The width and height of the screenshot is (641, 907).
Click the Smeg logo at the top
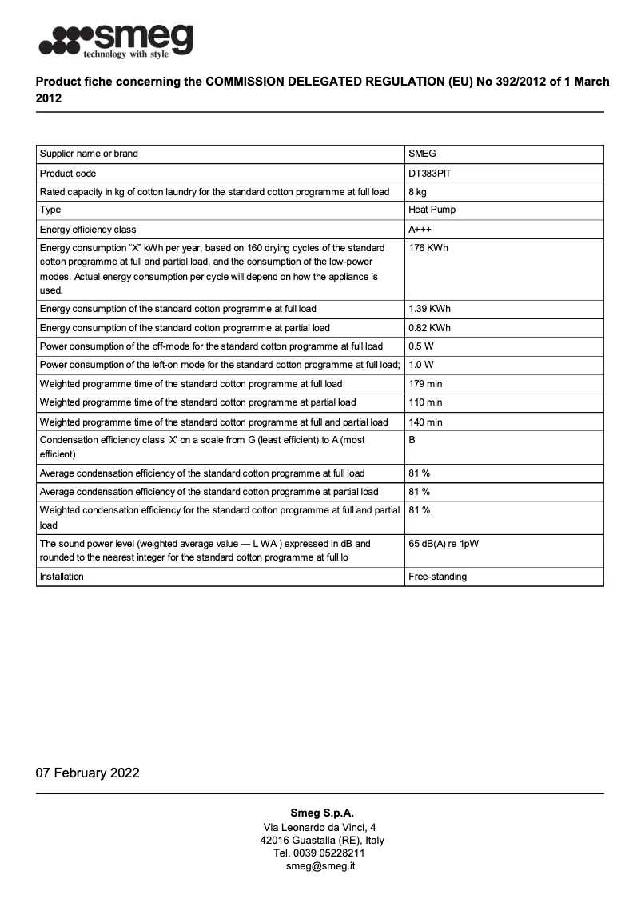tap(116, 41)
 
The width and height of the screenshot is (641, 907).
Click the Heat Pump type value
tap(432, 210)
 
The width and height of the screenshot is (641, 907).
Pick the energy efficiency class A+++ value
tap(420, 230)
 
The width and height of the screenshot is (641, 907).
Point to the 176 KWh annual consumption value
tap(428, 248)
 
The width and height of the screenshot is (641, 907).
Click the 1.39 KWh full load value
tap(429, 309)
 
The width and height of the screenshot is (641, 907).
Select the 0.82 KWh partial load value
tap(429, 328)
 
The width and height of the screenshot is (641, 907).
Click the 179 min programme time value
tap(425, 384)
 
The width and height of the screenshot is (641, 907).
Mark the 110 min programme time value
tap(425, 402)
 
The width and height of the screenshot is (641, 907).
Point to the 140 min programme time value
tap(425, 422)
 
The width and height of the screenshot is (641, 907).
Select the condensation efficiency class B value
tap(412, 440)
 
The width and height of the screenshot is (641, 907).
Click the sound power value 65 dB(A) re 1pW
tap(444, 544)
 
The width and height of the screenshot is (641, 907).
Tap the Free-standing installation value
tap(437, 577)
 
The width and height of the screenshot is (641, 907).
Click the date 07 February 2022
tap(88, 773)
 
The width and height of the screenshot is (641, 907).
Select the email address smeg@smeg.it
tap(320, 866)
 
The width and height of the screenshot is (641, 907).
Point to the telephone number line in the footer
tap(320, 853)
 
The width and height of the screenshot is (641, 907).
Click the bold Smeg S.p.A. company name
tap(320, 813)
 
